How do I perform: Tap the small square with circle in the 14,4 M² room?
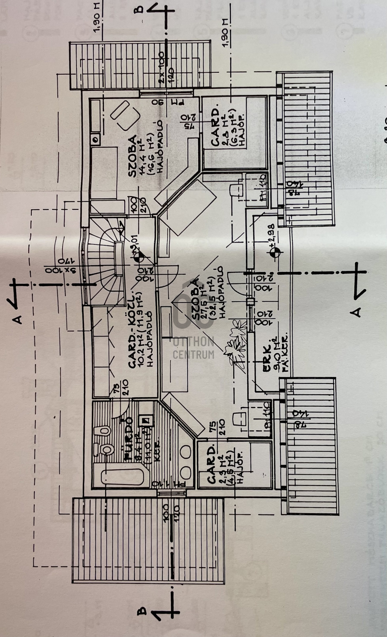(95, 139)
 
